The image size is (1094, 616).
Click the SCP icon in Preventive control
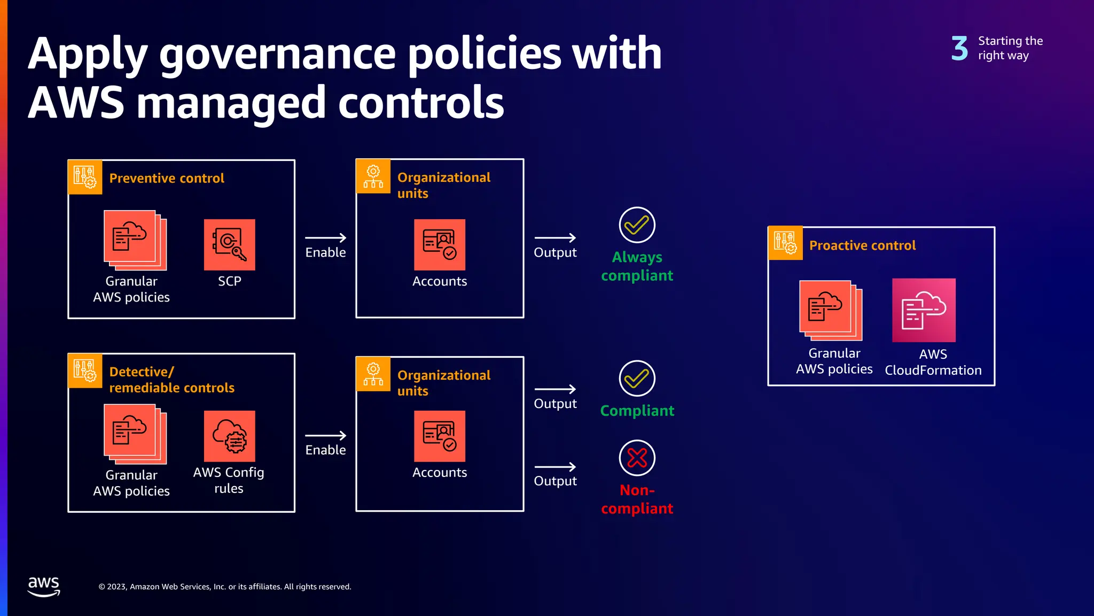pos(229,245)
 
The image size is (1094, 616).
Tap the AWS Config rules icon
pos(229,436)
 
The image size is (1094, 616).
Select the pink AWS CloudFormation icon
pos(924,310)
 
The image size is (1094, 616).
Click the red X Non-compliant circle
pos(637,458)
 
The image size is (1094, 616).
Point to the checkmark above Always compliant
pos(637,225)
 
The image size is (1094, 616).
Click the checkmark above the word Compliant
pos(637,379)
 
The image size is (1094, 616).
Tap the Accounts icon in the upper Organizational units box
pos(439,245)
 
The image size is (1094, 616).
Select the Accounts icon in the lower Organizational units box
pos(439,436)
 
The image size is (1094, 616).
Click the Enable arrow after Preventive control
pos(325,238)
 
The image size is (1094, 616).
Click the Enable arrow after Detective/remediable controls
pos(325,436)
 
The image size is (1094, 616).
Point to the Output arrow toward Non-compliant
pos(555,467)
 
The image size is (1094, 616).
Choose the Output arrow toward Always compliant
pos(555,238)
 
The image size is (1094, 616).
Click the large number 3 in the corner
pos(959,48)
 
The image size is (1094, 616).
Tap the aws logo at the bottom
pos(44,586)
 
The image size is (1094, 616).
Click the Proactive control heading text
pos(862,245)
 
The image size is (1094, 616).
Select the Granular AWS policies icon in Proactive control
pos(830,310)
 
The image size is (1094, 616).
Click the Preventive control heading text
pos(167,178)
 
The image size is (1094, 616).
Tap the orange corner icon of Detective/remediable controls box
pos(85,371)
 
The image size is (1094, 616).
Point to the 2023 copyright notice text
pos(225,587)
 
